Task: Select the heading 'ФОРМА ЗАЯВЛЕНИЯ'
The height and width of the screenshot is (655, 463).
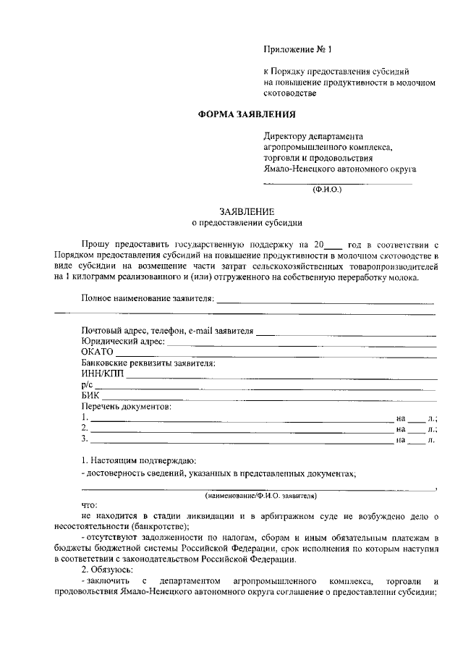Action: click(x=247, y=115)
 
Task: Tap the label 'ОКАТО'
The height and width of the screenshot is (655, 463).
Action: click(x=98, y=352)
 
